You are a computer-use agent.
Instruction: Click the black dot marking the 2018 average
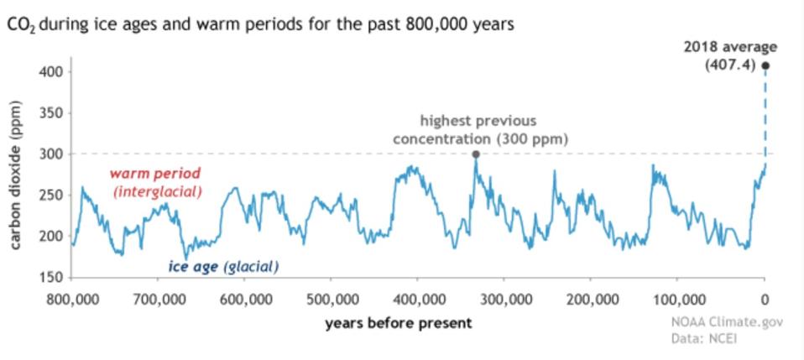(765, 65)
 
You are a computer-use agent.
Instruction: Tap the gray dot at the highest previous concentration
(476, 154)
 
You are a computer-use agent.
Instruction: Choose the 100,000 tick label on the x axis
(677, 299)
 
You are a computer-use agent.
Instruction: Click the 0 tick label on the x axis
(765, 299)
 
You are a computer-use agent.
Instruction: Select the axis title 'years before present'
(399, 323)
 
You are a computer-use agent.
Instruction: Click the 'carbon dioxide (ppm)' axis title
(16, 177)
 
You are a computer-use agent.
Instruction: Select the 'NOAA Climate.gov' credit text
(725, 323)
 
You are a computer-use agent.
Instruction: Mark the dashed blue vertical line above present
(765, 113)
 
